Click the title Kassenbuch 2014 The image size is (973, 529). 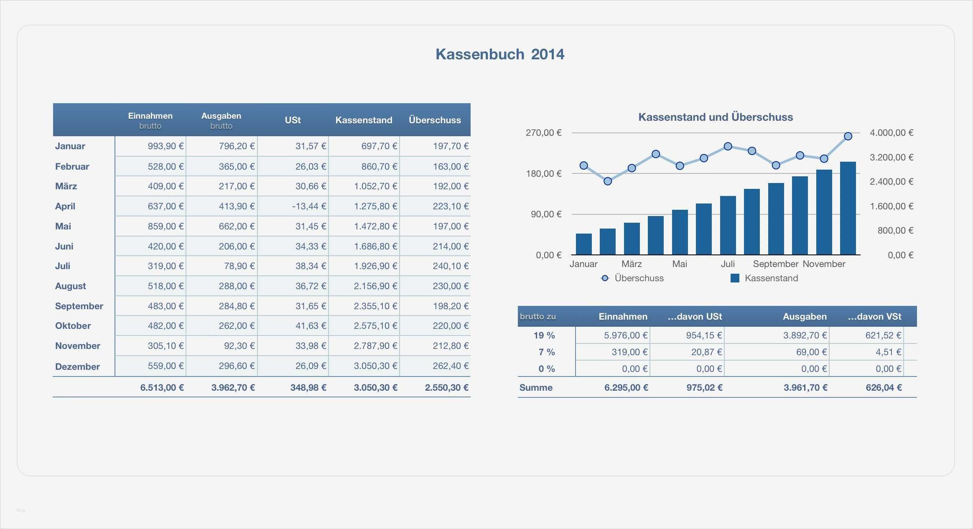tap(499, 54)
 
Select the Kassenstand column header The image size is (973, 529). tap(364, 120)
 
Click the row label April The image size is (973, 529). tap(65, 206)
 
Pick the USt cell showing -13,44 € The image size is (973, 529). tap(311, 206)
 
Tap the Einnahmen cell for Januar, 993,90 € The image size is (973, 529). tap(166, 146)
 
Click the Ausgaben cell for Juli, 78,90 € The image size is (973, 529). tap(239, 266)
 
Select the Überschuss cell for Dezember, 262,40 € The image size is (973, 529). tap(451, 366)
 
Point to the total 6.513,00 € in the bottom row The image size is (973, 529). tap(162, 387)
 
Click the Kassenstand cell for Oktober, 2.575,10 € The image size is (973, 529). tap(375, 326)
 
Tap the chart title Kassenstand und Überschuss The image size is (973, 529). tap(715, 117)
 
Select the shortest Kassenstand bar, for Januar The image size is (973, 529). tap(583, 244)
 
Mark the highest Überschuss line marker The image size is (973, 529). tap(848, 136)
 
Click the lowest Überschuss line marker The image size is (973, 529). tap(608, 181)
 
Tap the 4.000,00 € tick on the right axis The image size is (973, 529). tap(891, 133)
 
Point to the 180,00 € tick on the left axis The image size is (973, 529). tap(543, 173)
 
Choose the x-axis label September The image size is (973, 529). tap(775, 264)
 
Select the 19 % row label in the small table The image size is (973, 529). tap(544, 335)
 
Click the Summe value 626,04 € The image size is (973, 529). tap(884, 387)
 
